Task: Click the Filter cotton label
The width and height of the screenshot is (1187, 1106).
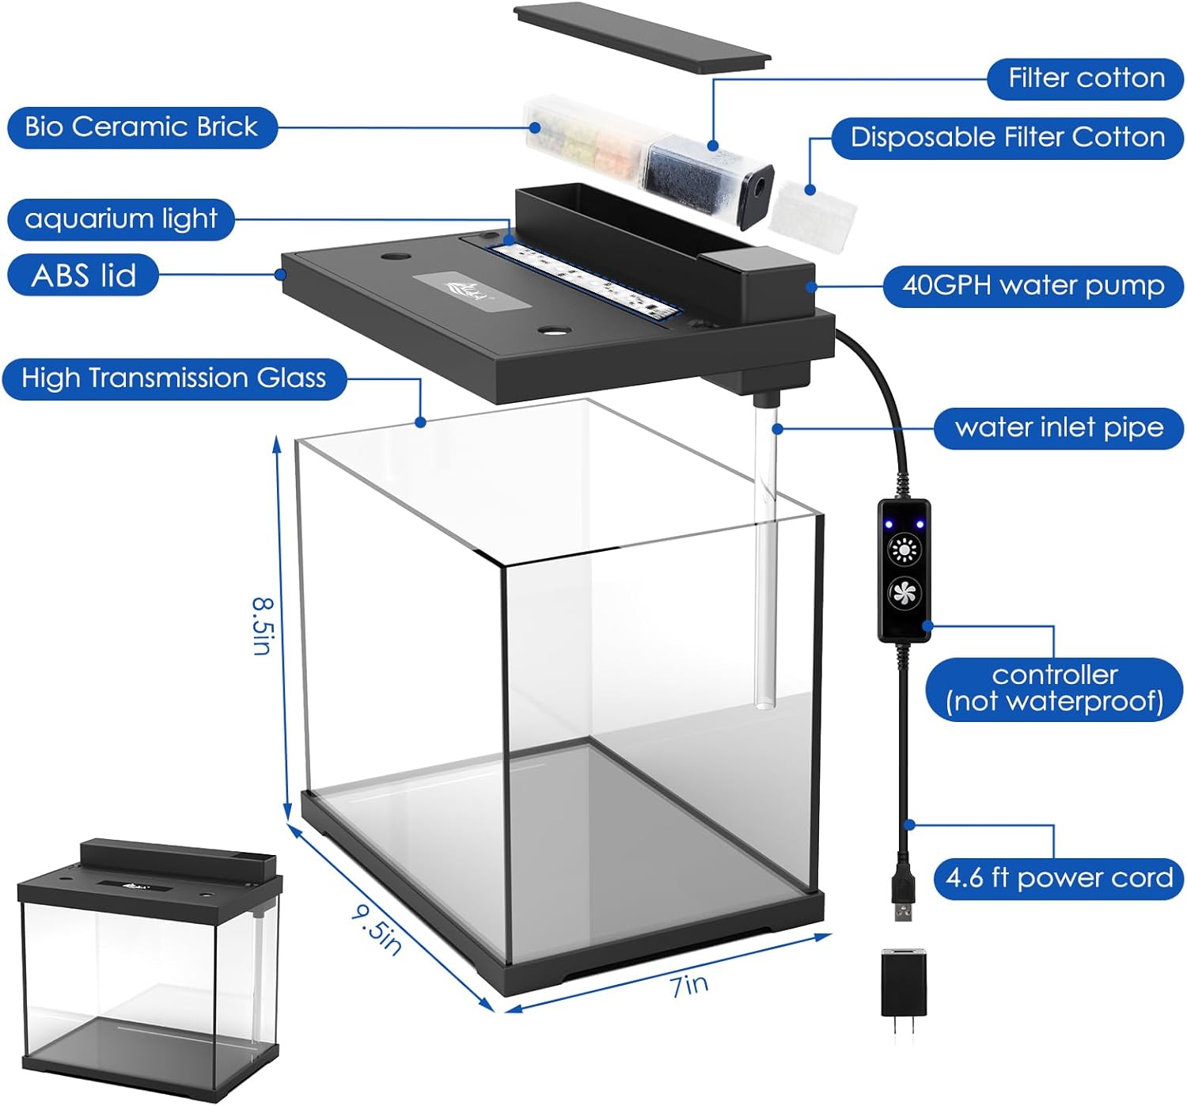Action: (x=1086, y=78)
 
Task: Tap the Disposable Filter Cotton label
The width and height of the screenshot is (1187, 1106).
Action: (x=1007, y=138)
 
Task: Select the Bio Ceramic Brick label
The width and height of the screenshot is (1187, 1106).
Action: (x=142, y=127)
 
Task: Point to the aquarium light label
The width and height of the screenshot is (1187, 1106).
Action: (x=121, y=219)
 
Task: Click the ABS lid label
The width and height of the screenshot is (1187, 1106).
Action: (x=83, y=275)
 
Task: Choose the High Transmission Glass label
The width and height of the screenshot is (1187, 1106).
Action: (x=173, y=378)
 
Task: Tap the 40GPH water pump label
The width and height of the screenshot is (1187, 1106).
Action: (x=1033, y=285)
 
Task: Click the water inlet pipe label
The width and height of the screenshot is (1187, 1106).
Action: (x=1059, y=428)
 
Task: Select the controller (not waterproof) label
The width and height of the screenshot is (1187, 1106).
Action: (x=1054, y=688)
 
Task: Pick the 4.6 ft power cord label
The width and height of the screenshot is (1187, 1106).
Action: (x=1059, y=878)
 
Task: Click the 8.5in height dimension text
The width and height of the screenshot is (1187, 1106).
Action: (x=264, y=625)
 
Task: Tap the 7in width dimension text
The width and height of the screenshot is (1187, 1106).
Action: (x=689, y=985)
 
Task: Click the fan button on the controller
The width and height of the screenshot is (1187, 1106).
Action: (x=904, y=592)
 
